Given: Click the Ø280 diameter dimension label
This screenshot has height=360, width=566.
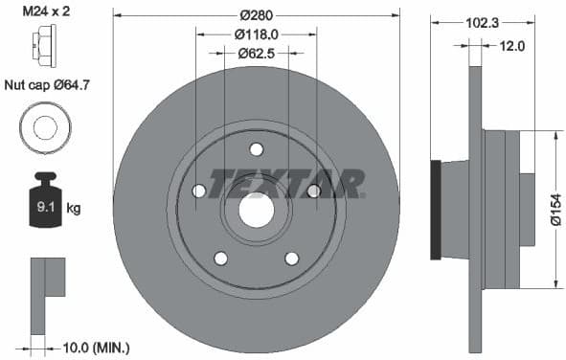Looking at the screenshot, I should point(256,15).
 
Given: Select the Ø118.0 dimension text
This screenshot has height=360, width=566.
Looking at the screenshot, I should point(256,34).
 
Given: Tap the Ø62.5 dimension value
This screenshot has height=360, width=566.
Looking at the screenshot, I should point(256,53).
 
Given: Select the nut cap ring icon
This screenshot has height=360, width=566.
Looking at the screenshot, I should point(42,125).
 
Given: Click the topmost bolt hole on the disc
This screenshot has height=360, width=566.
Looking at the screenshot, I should point(256,148).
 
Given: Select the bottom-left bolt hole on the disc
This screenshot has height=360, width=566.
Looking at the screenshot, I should point(220,258).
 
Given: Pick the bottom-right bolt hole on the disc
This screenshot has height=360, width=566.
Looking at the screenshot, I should point(292,258).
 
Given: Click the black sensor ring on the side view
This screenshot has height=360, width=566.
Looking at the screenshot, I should point(438,210).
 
